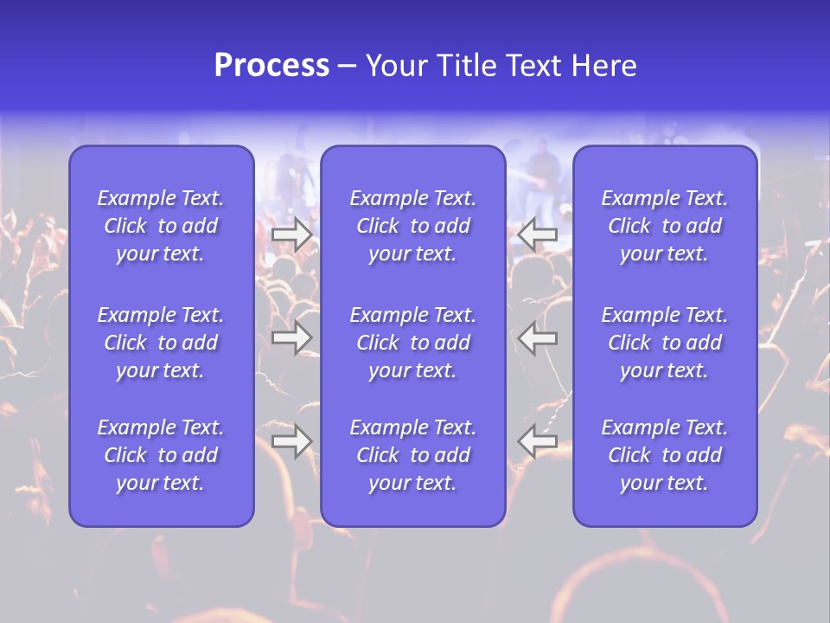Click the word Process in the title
point(271,66)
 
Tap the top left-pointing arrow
point(538,234)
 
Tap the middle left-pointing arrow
point(538,337)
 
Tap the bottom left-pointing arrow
point(538,441)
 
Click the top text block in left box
point(161,226)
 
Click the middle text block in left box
point(161,343)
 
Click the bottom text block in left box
point(161,455)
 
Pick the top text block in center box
point(412,226)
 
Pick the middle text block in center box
point(412,343)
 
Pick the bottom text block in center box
point(412,455)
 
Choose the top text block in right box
point(664,226)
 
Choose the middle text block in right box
point(664,343)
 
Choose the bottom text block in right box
point(664,455)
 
